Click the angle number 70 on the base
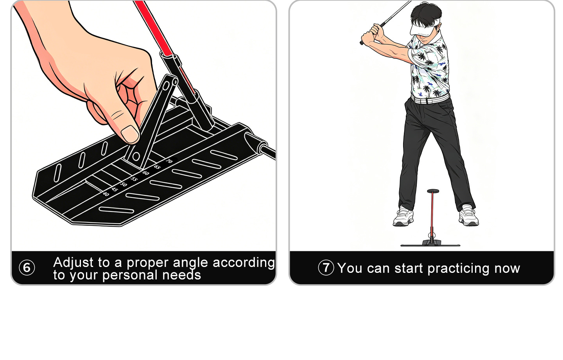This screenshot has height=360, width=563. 169,161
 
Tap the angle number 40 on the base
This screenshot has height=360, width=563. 106,194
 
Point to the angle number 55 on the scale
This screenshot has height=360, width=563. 134,179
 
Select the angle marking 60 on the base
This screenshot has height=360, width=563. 146,173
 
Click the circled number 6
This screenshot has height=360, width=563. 27,267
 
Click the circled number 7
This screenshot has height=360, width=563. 326,267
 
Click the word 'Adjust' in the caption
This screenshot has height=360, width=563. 73,263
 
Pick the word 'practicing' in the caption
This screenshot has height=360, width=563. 459,269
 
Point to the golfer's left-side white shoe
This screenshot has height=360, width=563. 403,216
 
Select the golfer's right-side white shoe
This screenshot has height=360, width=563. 468,215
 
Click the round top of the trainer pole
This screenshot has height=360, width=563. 433,191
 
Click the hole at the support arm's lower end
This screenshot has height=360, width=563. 136,156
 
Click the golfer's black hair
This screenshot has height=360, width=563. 426,13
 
